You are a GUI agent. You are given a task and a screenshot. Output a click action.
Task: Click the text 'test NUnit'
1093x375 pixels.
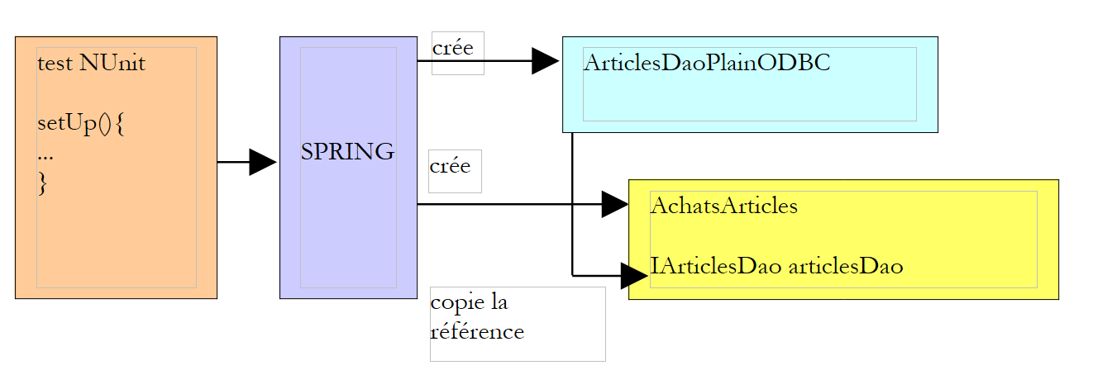91,63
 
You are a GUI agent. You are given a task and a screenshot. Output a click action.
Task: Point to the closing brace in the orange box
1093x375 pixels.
43,184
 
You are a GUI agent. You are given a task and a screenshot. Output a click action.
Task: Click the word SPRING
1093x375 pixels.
347,152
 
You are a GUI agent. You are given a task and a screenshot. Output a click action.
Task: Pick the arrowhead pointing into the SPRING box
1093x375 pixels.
262,163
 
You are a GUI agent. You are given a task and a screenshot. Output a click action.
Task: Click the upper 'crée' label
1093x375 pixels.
453,48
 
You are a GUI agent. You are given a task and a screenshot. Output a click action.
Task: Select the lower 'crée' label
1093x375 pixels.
450,166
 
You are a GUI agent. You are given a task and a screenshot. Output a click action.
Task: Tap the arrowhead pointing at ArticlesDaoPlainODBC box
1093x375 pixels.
545,61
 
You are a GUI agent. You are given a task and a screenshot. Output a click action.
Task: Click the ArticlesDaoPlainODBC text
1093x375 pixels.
707,64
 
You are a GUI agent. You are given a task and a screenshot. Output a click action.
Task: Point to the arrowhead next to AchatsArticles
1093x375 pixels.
614,204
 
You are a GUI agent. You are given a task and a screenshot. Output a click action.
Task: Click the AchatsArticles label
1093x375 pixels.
723,206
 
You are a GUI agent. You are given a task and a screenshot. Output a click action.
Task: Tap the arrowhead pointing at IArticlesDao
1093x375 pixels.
633,275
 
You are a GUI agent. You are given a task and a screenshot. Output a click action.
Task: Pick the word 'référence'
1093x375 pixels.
478,332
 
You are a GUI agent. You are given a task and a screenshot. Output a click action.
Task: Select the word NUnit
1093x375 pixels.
112,63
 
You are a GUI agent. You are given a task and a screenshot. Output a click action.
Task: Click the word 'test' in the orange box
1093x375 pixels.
55,63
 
